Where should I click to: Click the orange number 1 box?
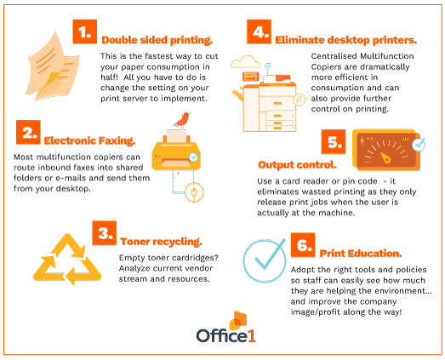pyautogui.click(x=84, y=31)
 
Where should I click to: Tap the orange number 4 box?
pyautogui.click(x=259, y=31)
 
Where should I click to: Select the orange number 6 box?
pyautogui.click(x=303, y=245)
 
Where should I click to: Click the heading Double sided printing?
pyautogui.click(x=157, y=40)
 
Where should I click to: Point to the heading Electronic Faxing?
pyautogui.click(x=89, y=140)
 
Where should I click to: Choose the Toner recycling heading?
pyautogui.click(x=161, y=242)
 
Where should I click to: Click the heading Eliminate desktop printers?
pyautogui.click(x=346, y=40)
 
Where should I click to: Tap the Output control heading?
pyautogui.click(x=297, y=164)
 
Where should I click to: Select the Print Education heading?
pyautogui.click(x=361, y=254)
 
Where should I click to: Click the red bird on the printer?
pyautogui.click(x=182, y=120)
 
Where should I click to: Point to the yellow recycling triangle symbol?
pyautogui.click(x=67, y=260)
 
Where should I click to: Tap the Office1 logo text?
pyautogui.click(x=226, y=335)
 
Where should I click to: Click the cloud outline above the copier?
pyautogui.click(x=245, y=61)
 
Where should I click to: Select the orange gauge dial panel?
pyautogui.click(x=386, y=150)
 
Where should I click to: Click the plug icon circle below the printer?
pyautogui.click(x=194, y=192)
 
